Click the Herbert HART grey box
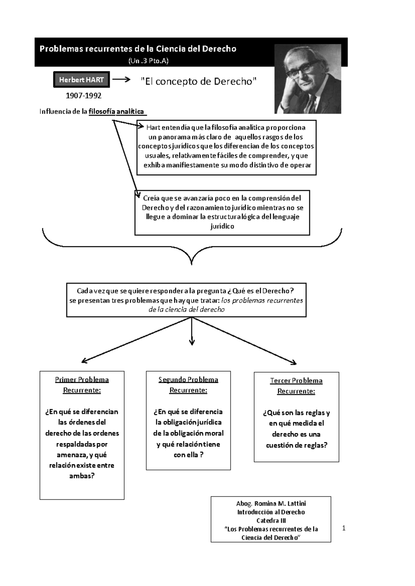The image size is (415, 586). (81, 80)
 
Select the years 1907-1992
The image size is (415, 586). (83, 95)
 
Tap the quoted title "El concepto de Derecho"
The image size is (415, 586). (199, 82)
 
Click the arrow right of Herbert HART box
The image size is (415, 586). (121, 79)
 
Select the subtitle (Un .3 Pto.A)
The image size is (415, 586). (148, 61)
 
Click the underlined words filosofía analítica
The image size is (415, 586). (117, 112)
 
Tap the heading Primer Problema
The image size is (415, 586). (82, 380)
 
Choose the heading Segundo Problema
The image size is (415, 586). (188, 380)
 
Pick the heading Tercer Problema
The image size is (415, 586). (296, 381)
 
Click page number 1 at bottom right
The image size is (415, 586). (344, 528)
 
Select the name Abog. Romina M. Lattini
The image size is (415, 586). (271, 503)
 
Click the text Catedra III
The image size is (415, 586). (271, 520)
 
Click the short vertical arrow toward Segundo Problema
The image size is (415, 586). (192, 332)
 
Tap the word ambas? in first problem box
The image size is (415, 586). (82, 476)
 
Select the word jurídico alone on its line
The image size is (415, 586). (222, 226)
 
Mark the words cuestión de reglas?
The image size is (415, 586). (296, 445)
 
